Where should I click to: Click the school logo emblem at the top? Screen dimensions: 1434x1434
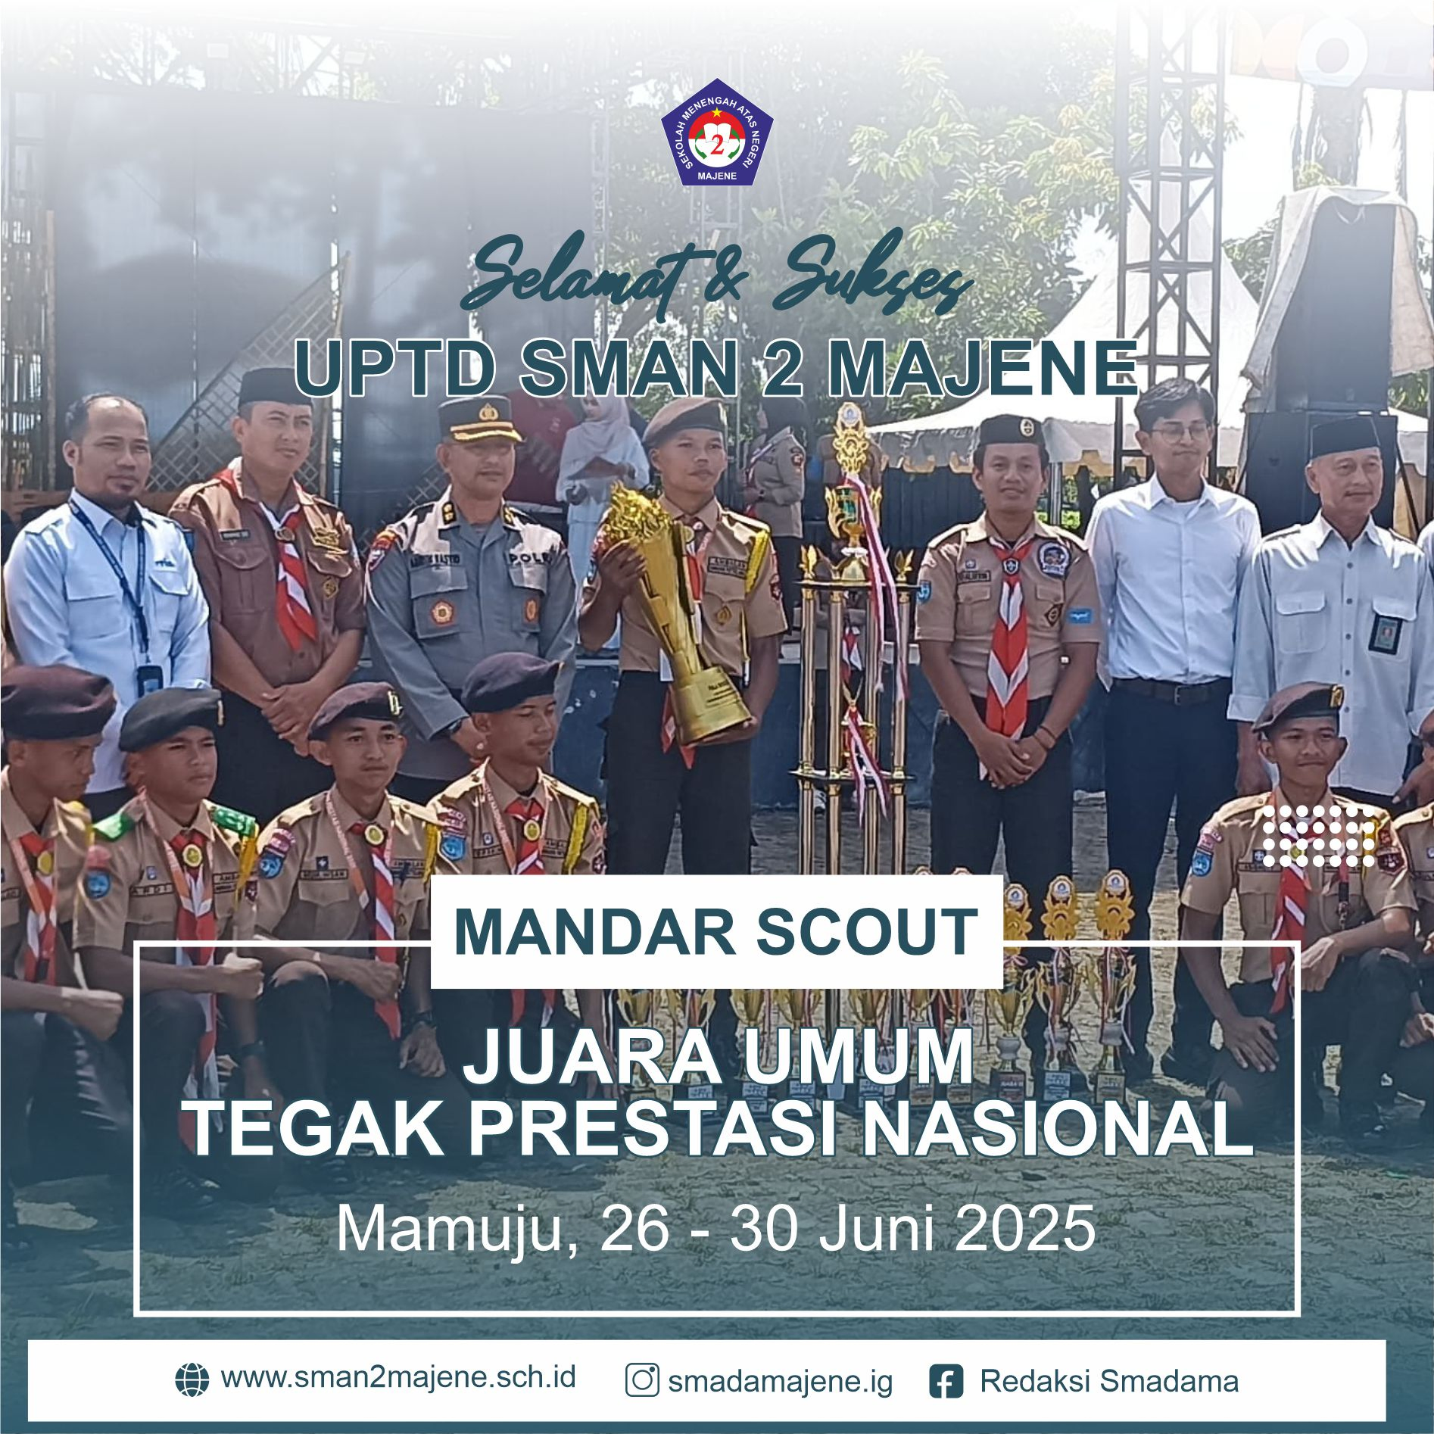tap(716, 142)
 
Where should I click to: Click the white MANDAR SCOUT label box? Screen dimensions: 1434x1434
tap(716, 931)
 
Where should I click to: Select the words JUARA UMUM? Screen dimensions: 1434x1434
tap(717, 1059)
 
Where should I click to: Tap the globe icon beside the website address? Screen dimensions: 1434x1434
tap(192, 1379)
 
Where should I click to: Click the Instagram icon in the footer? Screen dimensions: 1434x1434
tap(642, 1380)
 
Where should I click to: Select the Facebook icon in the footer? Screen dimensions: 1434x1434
tap(946, 1380)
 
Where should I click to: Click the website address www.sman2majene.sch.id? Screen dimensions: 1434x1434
tap(398, 1377)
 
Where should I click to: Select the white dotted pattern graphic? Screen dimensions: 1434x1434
tap(1318, 835)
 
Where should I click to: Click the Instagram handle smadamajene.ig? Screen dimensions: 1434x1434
tap(781, 1382)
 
